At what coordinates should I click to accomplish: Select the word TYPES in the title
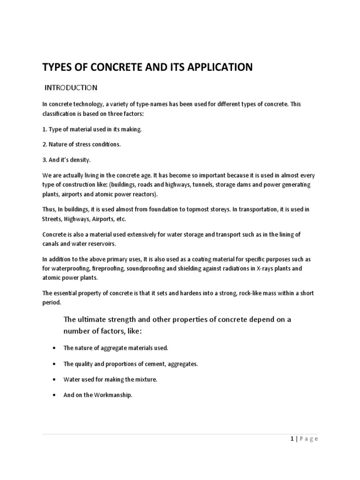point(58,67)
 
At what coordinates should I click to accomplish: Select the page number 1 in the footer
point(292,439)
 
